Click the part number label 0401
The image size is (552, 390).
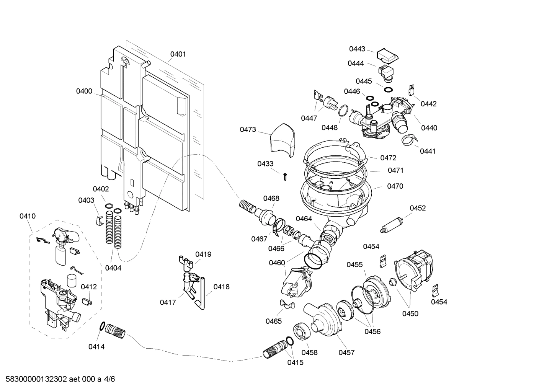(x=178, y=54)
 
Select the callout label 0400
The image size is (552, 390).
(x=84, y=91)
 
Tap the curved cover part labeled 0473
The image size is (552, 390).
(x=282, y=140)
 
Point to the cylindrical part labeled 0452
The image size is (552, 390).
(x=391, y=225)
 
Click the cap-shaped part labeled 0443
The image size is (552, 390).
(x=387, y=55)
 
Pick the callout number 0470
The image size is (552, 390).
(x=395, y=186)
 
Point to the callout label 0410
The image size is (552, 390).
(x=28, y=216)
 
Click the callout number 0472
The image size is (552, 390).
(x=388, y=158)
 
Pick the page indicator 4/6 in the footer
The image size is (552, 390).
(x=109, y=379)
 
